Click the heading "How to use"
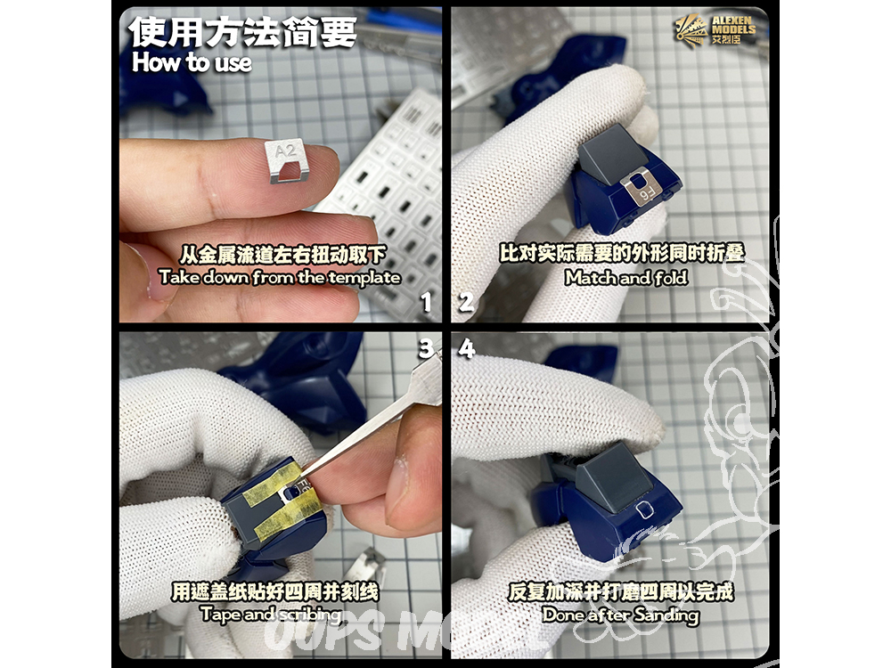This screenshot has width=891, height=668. (x=192, y=62)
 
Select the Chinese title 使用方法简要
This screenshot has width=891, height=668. (x=242, y=32)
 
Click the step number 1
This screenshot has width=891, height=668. (x=426, y=302)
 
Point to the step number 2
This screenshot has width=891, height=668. (x=466, y=302)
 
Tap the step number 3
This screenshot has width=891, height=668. (x=426, y=349)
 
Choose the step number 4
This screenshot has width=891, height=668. (x=467, y=349)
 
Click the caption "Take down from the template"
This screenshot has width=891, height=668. (x=280, y=277)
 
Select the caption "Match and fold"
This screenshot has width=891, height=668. (x=625, y=277)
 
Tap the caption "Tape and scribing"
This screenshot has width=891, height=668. (x=271, y=614)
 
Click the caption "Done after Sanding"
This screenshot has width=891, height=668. (x=620, y=615)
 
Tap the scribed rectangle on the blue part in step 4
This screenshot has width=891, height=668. (x=644, y=509)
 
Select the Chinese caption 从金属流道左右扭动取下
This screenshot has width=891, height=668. (x=282, y=255)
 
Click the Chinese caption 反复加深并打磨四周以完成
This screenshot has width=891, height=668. (x=620, y=592)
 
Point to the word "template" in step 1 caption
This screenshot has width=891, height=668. (x=364, y=277)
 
